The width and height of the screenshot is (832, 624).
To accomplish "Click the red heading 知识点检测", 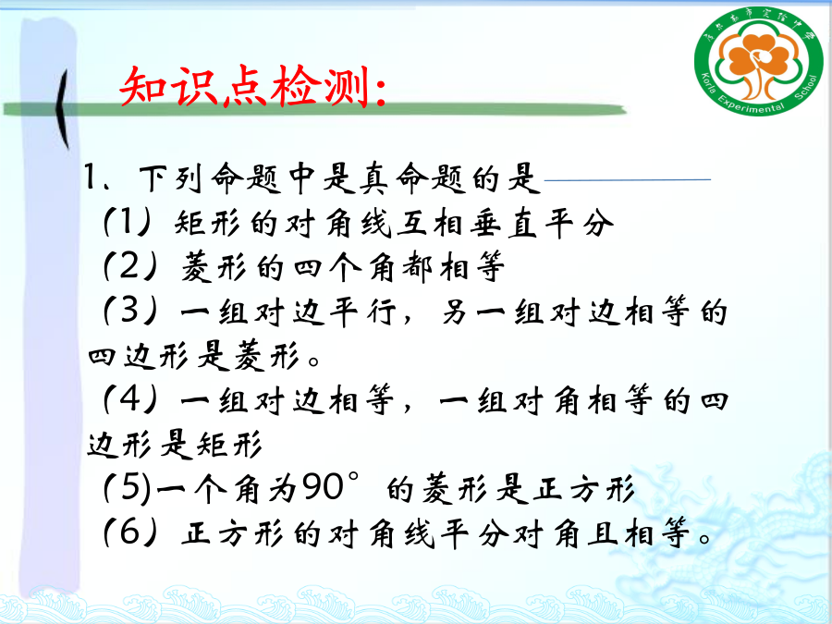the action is [252, 87].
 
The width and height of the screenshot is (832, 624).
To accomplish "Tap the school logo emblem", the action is [759, 60].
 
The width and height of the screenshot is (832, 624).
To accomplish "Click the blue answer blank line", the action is [628, 180].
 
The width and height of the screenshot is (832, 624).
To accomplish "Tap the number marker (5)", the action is [128, 487].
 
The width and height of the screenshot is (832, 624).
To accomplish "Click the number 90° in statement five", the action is [331, 486].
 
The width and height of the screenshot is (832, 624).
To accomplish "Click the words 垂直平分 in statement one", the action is [542, 223].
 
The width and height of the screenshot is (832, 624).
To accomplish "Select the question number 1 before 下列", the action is [91, 177].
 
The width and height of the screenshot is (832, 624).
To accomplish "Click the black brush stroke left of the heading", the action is [63, 109].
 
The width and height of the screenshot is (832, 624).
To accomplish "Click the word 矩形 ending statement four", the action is [228, 444].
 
